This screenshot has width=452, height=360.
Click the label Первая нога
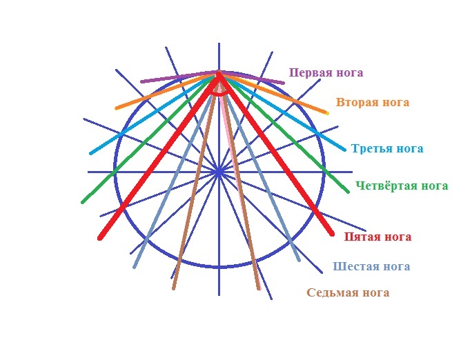pos(326,72)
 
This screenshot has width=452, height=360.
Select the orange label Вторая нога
pos(373,103)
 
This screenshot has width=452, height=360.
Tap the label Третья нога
pos(387,149)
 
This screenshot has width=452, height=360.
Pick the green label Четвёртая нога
pos(402,186)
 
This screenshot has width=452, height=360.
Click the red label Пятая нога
pos(377,237)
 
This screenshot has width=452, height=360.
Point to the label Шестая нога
pos(371,266)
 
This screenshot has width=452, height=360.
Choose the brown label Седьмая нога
pos(348,292)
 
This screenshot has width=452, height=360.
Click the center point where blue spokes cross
pos(219,172)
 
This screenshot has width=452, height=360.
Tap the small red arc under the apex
pos(219,93)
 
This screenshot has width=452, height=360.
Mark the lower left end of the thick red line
pos(100,238)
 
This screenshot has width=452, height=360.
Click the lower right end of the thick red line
pos(332,234)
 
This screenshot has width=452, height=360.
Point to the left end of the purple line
pos(142,81)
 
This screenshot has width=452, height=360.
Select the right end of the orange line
pos(327,113)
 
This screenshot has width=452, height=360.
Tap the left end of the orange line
pos(117,108)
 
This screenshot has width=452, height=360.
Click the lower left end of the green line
pos(83,203)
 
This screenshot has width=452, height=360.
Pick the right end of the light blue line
pos(344,150)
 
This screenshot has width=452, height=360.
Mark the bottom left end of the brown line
pos(173,288)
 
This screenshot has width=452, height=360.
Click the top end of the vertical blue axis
pos(219,43)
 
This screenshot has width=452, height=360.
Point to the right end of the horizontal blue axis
pos(352,172)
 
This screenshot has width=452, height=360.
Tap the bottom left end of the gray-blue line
pos(134,268)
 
